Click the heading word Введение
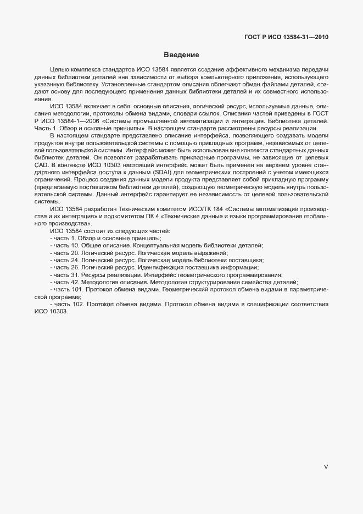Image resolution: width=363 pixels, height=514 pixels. pyautogui.click(x=181, y=55)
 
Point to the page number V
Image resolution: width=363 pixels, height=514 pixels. pyautogui.click(x=326, y=467)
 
